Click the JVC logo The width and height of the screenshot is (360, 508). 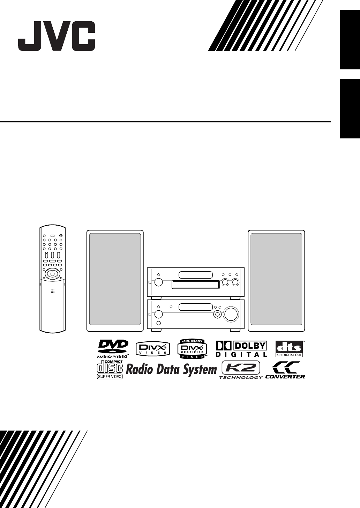click(57, 36)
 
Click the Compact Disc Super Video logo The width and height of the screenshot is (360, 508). click(110, 370)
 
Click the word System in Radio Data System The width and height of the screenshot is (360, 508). click(200, 370)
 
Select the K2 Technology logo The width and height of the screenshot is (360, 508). click(241, 370)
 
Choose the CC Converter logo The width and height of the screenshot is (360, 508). click(285, 370)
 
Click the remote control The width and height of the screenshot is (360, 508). click(52, 279)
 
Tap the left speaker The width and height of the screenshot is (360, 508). click(115, 281)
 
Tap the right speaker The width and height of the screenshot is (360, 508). click(276, 281)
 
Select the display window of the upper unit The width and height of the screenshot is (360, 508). click(195, 275)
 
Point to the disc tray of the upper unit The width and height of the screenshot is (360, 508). click(195, 285)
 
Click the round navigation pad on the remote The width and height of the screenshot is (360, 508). click(52, 274)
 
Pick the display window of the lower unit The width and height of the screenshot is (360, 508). click(195, 307)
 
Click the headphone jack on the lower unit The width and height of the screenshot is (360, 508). click(159, 324)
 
